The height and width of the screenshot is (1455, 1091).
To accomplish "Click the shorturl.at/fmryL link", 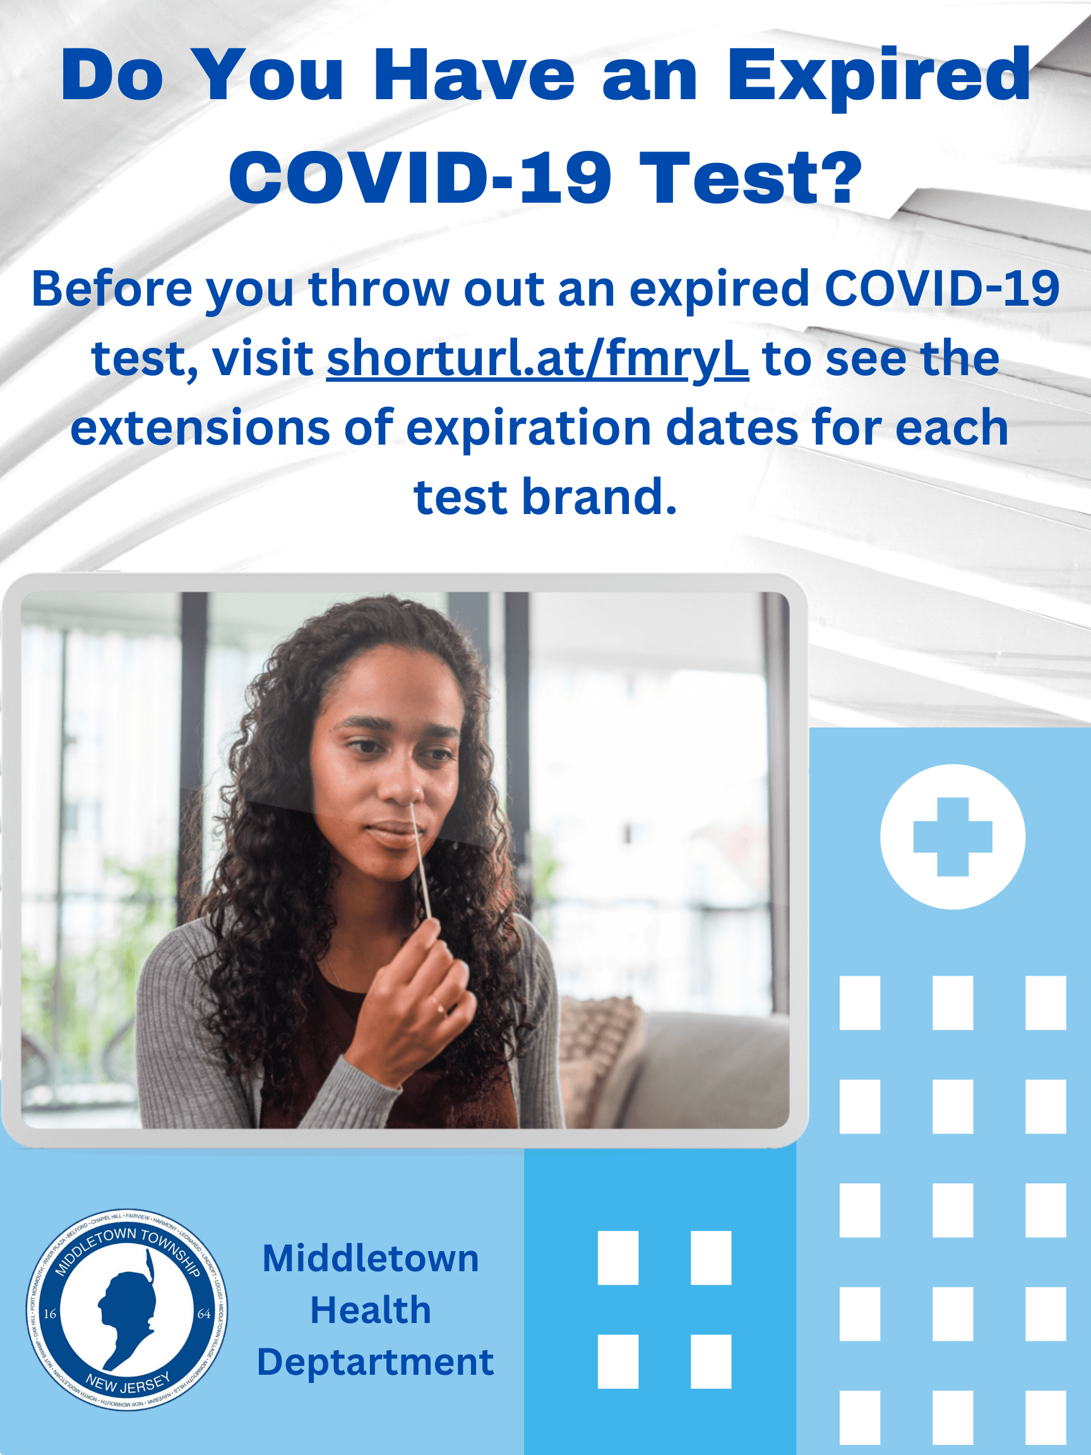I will coord(537,359).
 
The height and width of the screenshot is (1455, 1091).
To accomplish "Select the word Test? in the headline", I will coord(750,177).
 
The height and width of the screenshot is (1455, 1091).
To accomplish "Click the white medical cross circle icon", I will coord(952,837).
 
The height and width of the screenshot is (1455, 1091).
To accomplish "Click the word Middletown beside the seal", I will coord(370,1259).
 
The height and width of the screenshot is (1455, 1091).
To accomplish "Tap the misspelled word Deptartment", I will coord(375,1362).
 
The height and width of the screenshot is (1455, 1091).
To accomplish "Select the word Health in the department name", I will coord(370,1310).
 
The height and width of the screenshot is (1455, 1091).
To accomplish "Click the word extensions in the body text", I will coord(200,428).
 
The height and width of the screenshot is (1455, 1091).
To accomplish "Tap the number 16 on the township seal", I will coord(50,1314).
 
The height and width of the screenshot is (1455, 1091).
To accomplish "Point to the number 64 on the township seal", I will coord(204,1314).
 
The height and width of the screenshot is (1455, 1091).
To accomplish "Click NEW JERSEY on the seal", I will coord(128,1380).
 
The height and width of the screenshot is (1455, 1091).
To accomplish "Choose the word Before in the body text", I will coord(112,289).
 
